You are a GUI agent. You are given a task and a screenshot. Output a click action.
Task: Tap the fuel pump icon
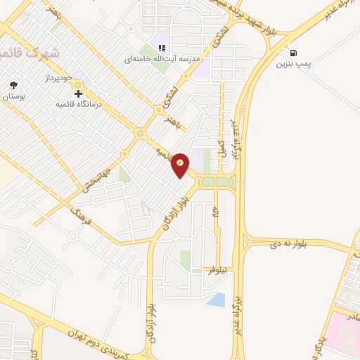click(x=292, y=53)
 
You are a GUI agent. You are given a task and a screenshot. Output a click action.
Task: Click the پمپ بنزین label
click(x=292, y=65)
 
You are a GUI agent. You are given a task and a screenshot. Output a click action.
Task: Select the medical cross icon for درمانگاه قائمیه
click(x=77, y=93)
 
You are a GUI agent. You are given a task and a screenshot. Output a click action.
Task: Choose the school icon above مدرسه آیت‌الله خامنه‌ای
click(x=161, y=48)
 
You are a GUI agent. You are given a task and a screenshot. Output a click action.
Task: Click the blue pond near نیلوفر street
click(x=217, y=300)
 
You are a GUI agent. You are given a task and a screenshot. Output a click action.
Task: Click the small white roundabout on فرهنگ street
click(x=72, y=236)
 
